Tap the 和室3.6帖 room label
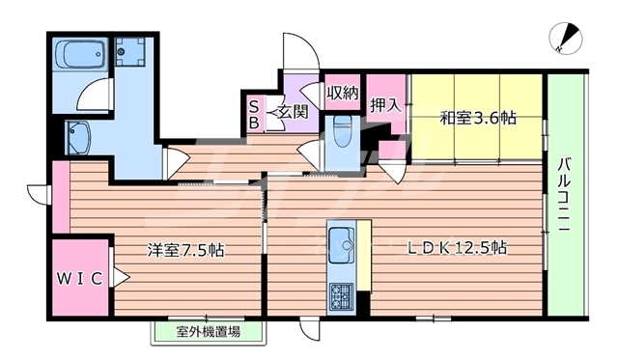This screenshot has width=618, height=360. click(x=477, y=119)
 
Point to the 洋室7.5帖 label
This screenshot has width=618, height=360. click(x=185, y=250)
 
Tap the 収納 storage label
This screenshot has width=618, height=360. click(x=342, y=94)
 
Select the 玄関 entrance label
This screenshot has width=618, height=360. click(x=293, y=112)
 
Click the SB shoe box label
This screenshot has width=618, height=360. click(x=254, y=115)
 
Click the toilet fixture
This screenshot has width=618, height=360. click(x=340, y=129)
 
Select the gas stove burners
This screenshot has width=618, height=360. click(x=341, y=293)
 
